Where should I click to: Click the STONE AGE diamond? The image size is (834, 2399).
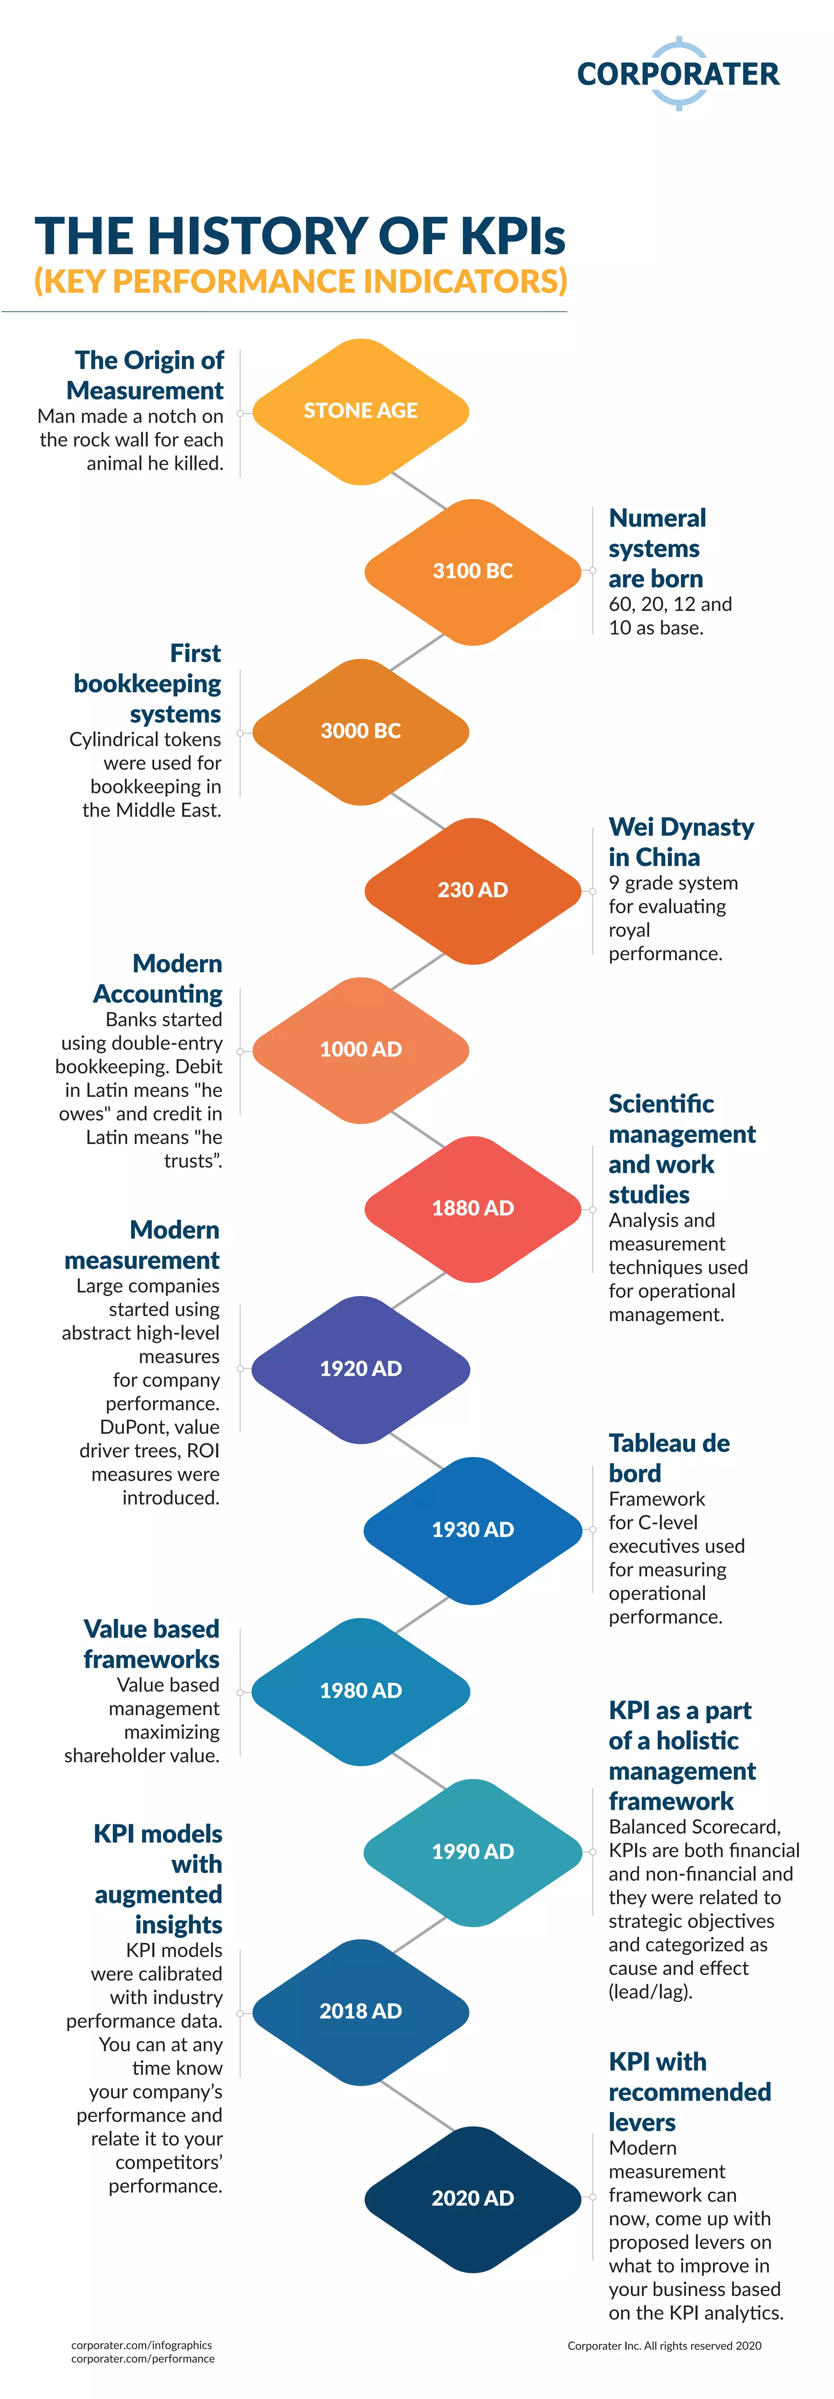pos(360,411)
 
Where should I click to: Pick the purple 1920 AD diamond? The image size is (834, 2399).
pos(360,1368)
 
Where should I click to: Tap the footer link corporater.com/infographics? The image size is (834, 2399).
pos(141,2345)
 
